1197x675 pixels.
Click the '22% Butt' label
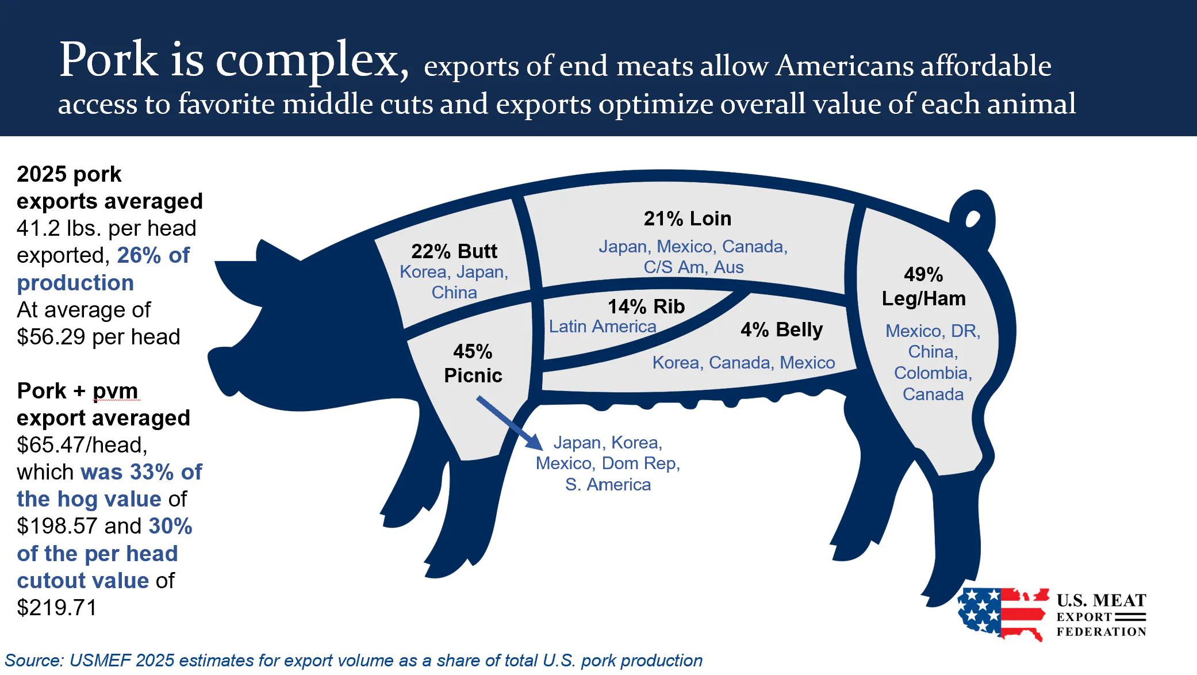pos(454,251)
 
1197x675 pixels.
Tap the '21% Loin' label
pos(687,218)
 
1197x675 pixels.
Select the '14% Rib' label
pos(646,306)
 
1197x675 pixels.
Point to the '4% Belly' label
pos(781,329)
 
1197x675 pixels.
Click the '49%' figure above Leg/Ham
pos(923,274)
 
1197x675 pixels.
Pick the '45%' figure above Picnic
pos(472,351)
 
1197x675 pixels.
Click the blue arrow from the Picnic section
pos(509,422)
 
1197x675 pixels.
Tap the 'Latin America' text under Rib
pos(602,327)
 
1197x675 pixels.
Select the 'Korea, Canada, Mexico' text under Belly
pos(743,363)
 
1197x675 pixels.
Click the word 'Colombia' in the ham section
pos(931,373)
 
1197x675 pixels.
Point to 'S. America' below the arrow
pos(608,485)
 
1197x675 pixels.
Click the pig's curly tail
pos(973,216)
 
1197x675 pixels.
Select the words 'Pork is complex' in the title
pos(233,60)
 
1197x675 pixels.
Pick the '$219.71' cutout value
pos(56,608)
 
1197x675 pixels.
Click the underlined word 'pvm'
pos(115,391)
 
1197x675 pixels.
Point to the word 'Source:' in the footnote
pos(33,661)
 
